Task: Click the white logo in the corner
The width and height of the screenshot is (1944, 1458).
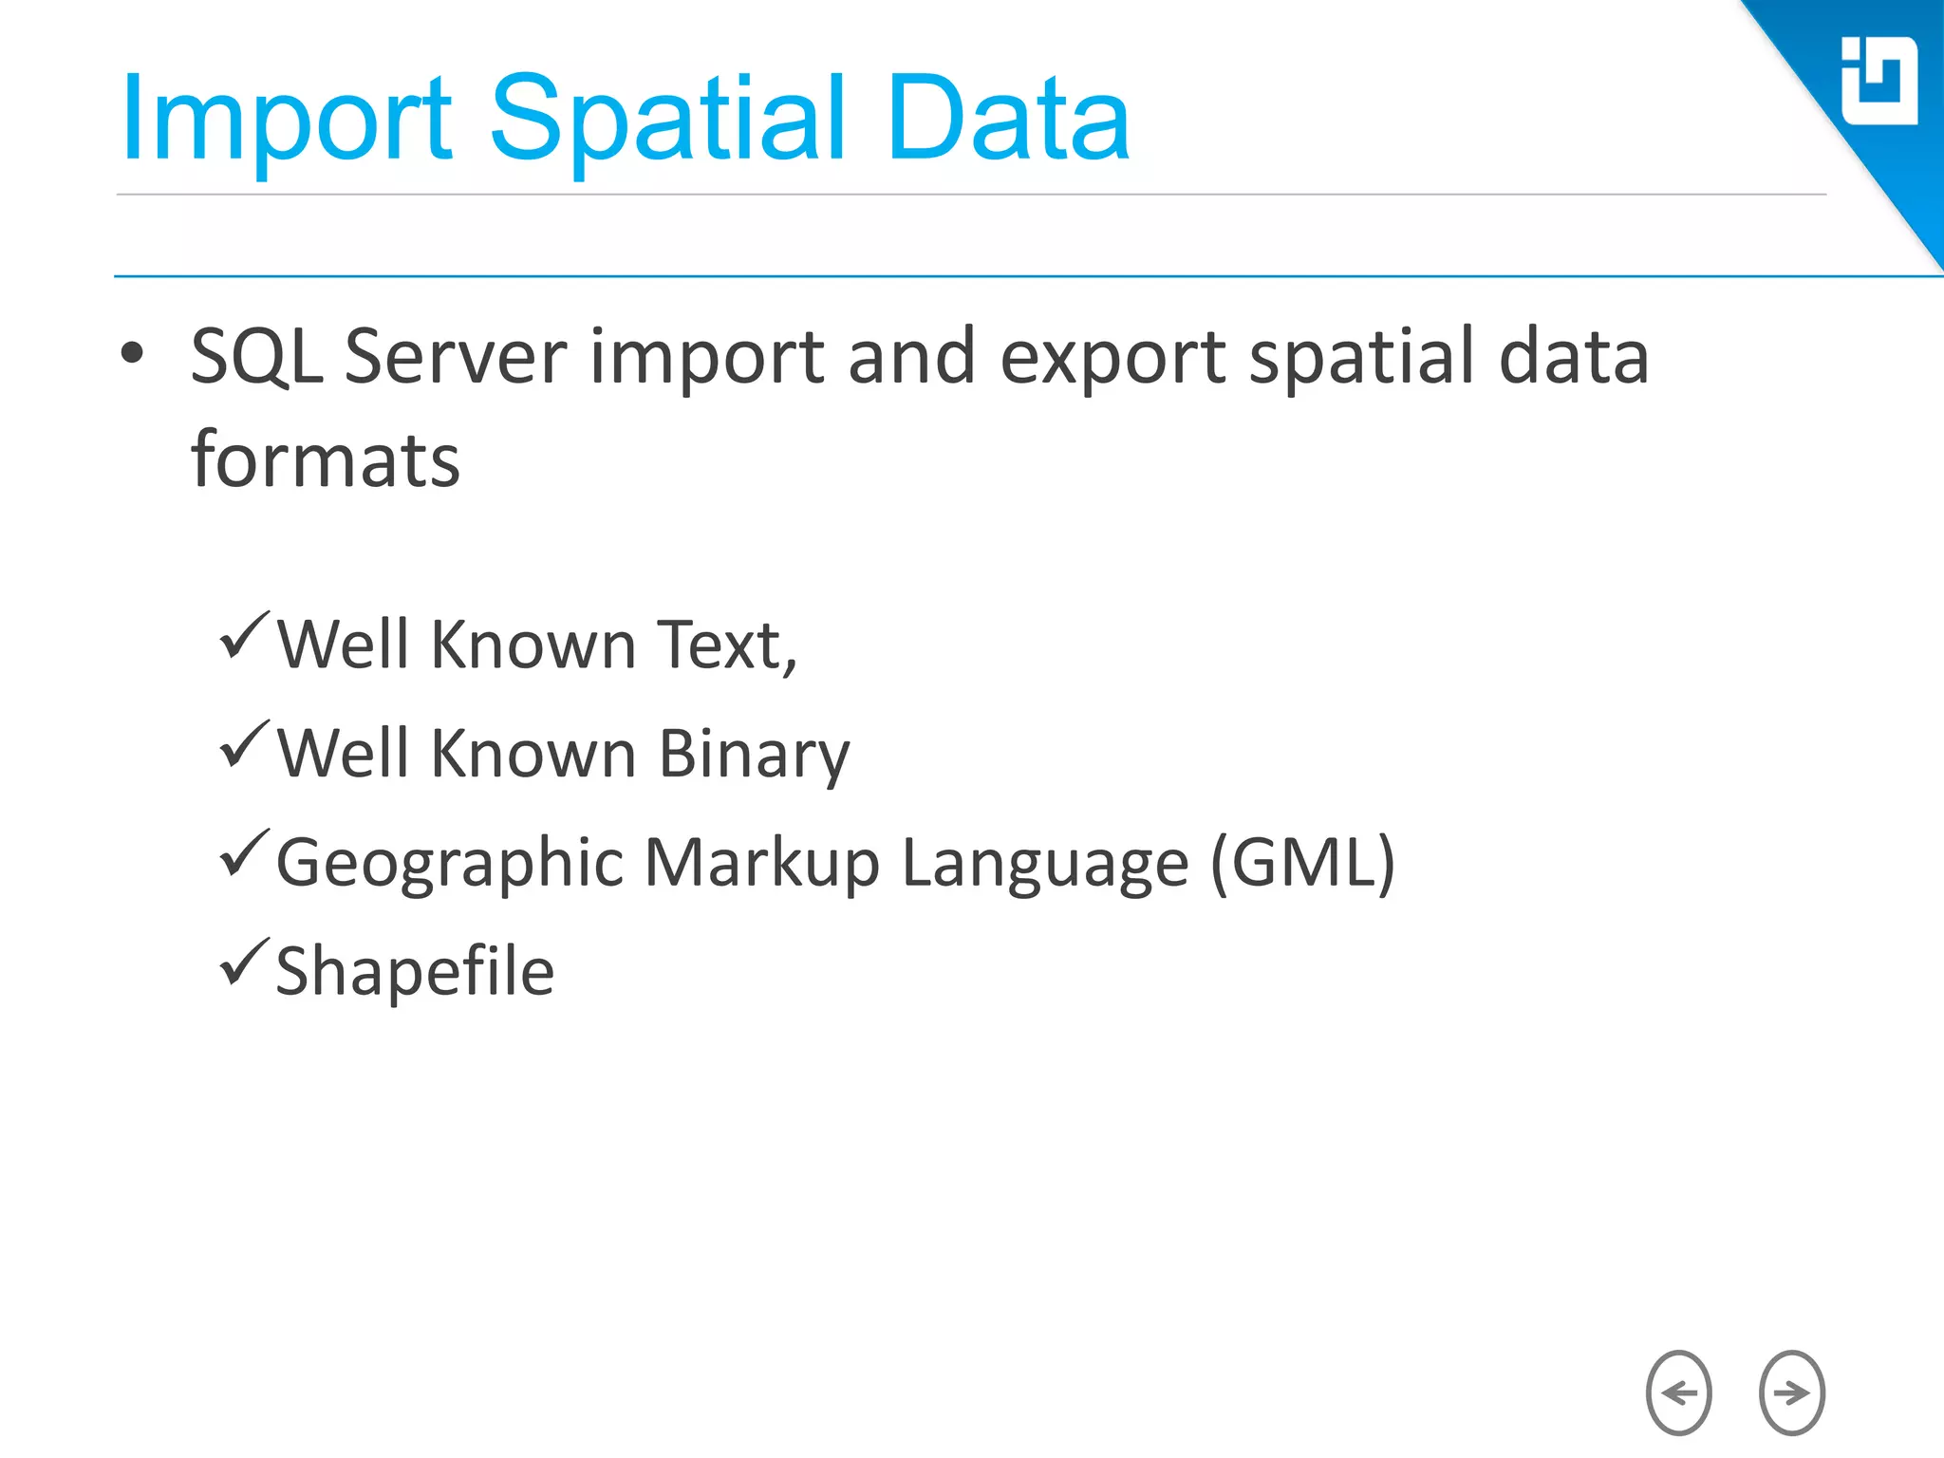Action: tap(1878, 82)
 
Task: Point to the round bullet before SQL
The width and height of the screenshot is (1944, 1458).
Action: tap(133, 354)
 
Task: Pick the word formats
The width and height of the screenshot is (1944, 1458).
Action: tap(326, 460)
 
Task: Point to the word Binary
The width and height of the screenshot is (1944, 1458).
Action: tap(754, 756)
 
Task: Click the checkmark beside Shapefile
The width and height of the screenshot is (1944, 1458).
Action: tap(244, 962)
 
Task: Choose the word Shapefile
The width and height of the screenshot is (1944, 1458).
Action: tap(415, 972)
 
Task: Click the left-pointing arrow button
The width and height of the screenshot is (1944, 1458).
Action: tap(1678, 1393)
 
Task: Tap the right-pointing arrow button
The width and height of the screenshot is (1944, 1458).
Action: tap(1791, 1393)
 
